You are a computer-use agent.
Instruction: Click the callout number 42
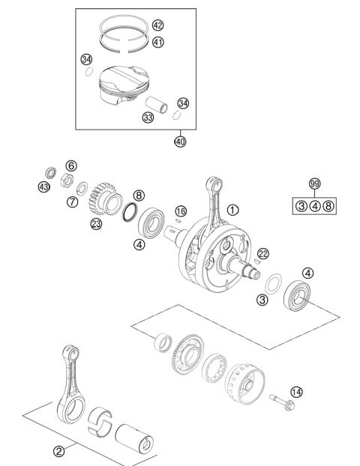(157, 25)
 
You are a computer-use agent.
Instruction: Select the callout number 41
(157, 42)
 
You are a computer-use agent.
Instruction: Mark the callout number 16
(180, 212)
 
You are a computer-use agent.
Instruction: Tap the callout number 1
(233, 210)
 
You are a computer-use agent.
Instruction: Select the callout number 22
(262, 254)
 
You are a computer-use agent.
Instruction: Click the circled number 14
(297, 391)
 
